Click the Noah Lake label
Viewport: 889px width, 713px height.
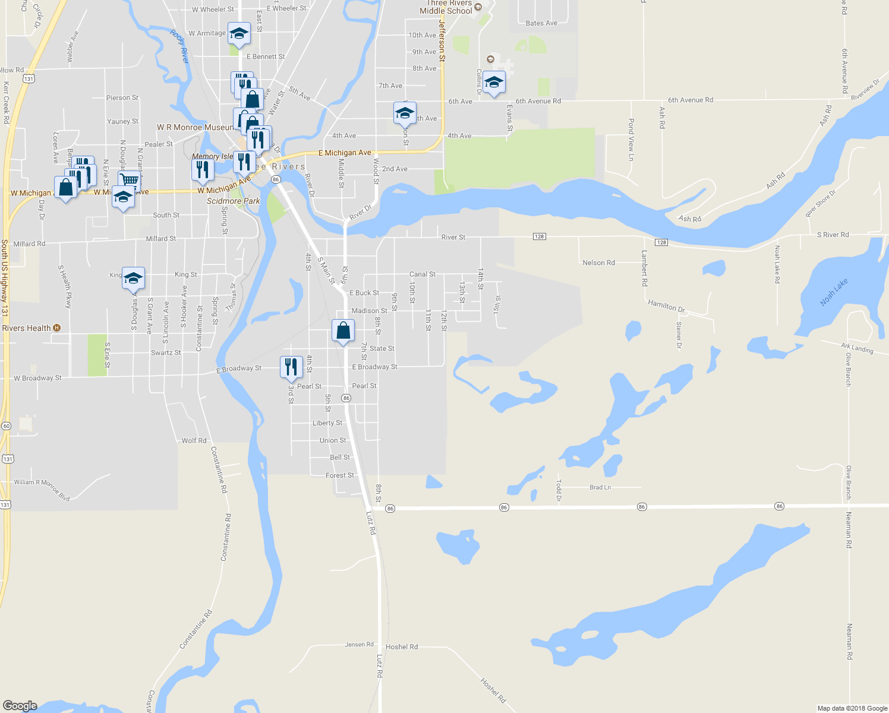click(834, 292)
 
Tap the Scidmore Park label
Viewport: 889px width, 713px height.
click(233, 201)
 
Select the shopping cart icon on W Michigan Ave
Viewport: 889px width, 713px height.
click(129, 179)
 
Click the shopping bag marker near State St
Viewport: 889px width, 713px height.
click(343, 330)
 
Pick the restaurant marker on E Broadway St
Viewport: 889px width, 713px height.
click(291, 367)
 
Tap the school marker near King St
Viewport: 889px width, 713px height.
click(133, 277)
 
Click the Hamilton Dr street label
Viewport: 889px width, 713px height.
click(666, 305)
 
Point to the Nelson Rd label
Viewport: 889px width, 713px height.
click(598, 263)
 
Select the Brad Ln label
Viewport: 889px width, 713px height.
click(600, 487)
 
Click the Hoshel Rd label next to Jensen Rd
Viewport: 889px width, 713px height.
click(402, 646)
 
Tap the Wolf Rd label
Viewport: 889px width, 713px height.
click(194, 441)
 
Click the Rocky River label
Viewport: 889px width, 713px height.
click(179, 46)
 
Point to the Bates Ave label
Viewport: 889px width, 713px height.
click(541, 23)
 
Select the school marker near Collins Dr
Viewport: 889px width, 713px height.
click(493, 82)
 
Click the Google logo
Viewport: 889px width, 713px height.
click(20, 706)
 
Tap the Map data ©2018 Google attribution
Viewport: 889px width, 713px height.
click(852, 708)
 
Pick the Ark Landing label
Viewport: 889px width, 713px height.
click(857, 348)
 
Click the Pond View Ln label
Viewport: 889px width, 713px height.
click(631, 140)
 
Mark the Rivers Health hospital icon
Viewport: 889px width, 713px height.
click(56, 328)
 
